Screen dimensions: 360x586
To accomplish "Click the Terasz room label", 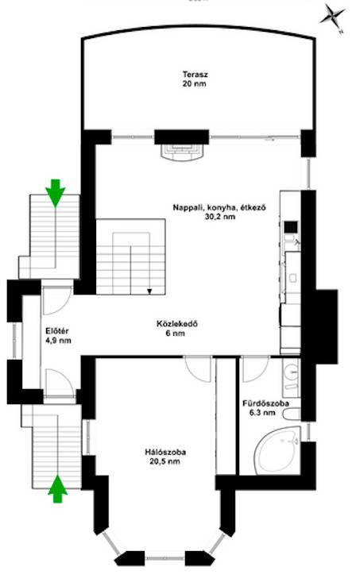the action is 195,74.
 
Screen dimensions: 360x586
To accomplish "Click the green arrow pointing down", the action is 55,193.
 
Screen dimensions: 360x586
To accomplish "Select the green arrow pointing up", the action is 58,489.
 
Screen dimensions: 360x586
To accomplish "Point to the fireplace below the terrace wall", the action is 182,152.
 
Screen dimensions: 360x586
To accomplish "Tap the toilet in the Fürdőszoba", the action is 292,414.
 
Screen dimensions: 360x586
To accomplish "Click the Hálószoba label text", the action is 165,453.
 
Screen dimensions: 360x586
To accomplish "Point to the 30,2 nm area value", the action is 220,217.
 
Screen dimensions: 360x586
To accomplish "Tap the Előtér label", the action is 57,331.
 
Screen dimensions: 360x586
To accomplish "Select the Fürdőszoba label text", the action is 265,403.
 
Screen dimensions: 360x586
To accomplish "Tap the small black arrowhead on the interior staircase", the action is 149,291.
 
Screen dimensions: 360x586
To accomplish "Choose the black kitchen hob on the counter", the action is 291,227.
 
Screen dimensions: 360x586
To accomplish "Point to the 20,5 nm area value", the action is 165,461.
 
